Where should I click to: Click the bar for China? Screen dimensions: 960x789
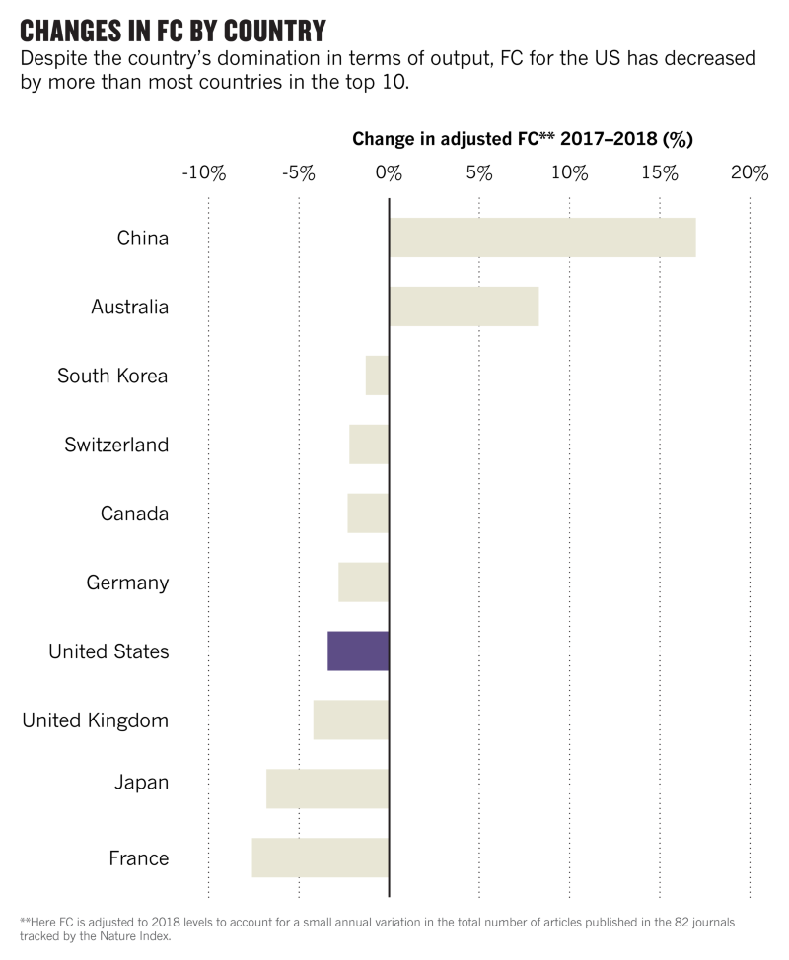pos(542,238)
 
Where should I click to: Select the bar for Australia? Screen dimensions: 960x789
pos(464,307)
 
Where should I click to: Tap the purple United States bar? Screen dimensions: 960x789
pos(359,651)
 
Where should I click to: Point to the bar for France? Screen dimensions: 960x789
pos(321,857)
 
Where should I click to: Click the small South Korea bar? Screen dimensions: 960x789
pos(378,376)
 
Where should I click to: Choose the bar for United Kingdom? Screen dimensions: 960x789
pos(351,720)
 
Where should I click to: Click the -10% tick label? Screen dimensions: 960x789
pos(204,173)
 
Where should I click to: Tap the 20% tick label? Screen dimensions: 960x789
pos(750,173)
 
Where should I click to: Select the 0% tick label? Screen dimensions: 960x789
pos(390,173)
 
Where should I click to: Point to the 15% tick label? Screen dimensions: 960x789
pos(659,173)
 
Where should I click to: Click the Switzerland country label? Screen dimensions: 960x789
pos(116,445)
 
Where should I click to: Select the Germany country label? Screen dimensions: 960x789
pos(127,583)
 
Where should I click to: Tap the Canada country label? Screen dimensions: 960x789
pos(134,514)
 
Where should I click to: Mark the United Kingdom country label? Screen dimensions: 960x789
pos(95,720)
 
